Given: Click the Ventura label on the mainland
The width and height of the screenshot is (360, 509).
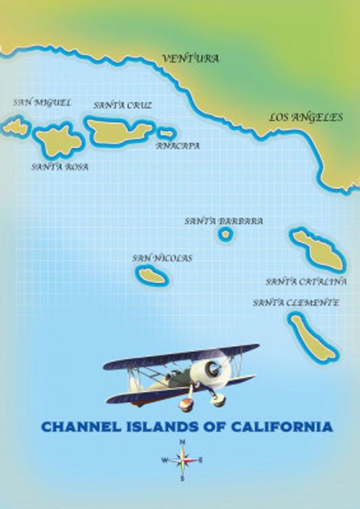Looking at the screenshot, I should [x=190, y=59].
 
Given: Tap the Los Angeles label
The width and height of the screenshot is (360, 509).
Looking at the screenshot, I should [x=305, y=117].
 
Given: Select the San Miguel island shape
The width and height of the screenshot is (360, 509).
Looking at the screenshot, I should [x=16, y=127].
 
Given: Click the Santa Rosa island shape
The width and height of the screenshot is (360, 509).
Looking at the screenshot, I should [x=59, y=140].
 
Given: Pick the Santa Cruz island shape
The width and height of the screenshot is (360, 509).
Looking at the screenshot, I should [x=118, y=130].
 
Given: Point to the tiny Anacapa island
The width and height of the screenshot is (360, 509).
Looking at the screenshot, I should [x=167, y=134].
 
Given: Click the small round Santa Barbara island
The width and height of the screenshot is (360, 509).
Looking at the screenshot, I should [x=225, y=235].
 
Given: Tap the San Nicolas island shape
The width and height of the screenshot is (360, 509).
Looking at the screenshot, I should [x=152, y=275].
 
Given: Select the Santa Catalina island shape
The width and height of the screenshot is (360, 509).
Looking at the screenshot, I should [x=317, y=249].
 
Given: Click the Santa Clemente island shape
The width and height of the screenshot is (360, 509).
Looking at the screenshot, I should [x=313, y=337].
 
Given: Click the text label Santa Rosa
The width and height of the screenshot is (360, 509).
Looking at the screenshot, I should [x=60, y=167].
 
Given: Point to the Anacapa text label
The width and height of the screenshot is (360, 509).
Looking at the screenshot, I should [x=178, y=146].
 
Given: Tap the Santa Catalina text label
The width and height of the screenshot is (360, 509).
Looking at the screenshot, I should [x=306, y=281].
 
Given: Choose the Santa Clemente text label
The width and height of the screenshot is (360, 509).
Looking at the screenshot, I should [x=296, y=303].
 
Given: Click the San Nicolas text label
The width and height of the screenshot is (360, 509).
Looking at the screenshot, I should [x=162, y=258].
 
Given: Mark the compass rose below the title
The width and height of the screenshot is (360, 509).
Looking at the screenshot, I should [x=182, y=459].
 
